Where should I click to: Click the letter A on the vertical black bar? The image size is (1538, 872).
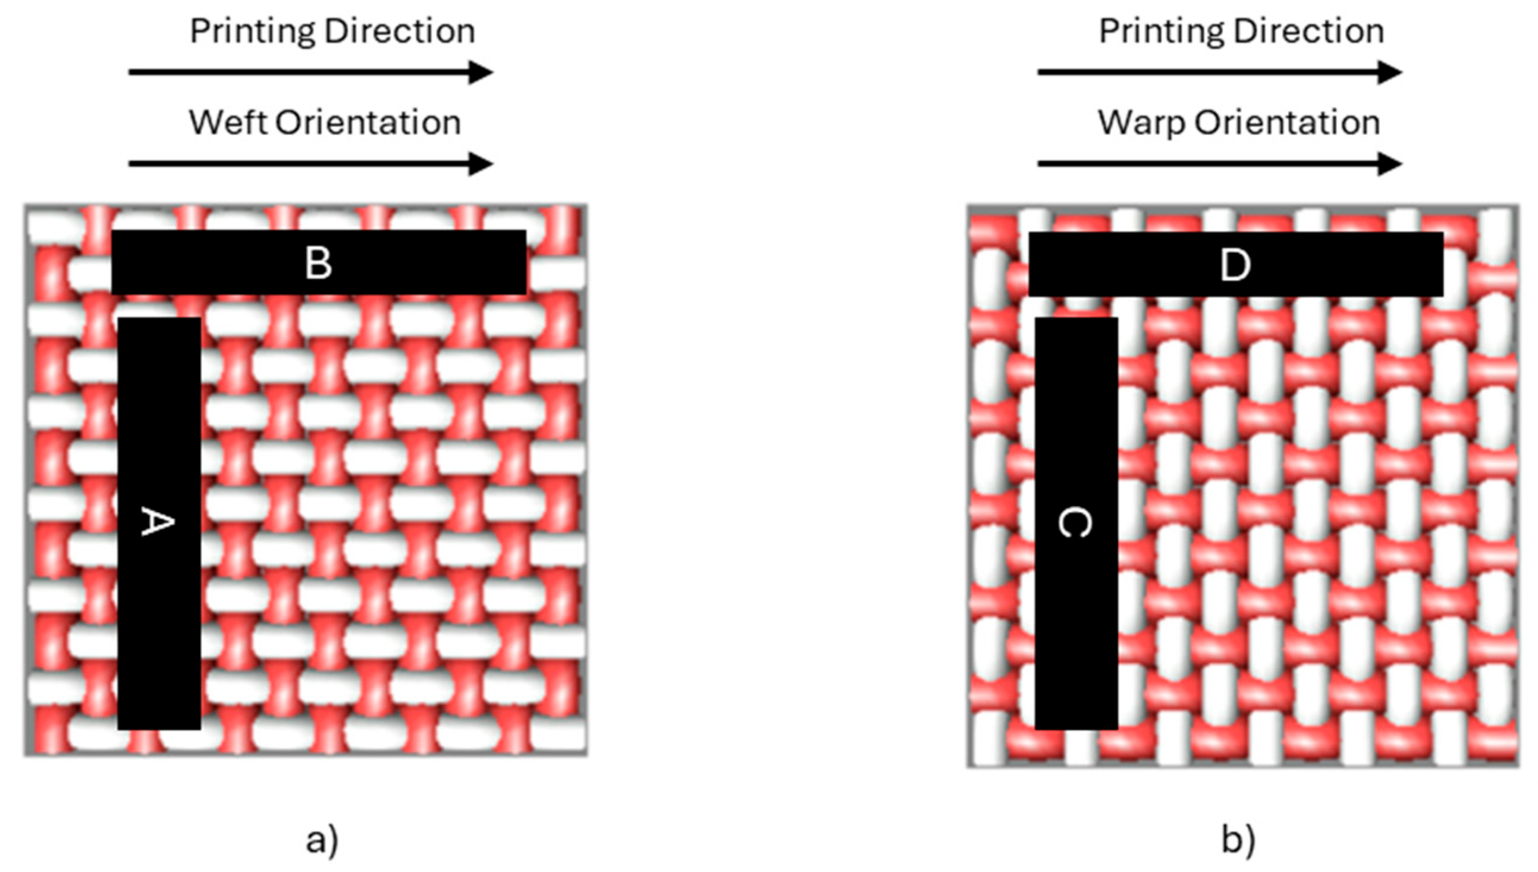158,521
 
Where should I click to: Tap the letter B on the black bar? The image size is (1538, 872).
318,263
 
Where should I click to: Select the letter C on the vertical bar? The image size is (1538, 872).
1075,522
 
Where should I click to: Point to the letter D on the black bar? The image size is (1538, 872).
1235,265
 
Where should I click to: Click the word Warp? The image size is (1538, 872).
1141,123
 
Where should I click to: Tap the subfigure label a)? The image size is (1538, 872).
322,840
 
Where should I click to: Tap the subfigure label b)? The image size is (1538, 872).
1238,840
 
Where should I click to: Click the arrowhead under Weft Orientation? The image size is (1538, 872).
480,164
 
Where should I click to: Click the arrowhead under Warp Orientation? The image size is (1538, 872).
1389,164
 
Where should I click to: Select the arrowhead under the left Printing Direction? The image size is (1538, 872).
480,73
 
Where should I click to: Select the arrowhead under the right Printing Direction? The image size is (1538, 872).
1389,73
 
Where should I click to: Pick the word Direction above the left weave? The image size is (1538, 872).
400,30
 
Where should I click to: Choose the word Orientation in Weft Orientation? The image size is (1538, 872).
368,123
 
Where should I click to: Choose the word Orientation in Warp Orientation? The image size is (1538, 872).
1287,123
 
